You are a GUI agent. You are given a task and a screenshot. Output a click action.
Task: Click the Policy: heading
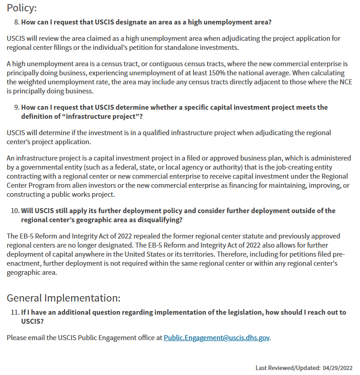(x=22, y=8)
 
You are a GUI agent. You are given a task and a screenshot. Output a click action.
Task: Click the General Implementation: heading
(x=63, y=298)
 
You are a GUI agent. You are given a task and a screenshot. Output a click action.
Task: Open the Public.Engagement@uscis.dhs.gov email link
(x=217, y=338)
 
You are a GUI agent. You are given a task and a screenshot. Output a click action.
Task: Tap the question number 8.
(x=16, y=22)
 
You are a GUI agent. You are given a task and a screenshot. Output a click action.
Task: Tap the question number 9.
(x=16, y=107)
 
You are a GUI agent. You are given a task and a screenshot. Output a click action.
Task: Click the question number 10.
(x=15, y=210)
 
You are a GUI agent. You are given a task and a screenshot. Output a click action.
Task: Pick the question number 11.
(x=15, y=312)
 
